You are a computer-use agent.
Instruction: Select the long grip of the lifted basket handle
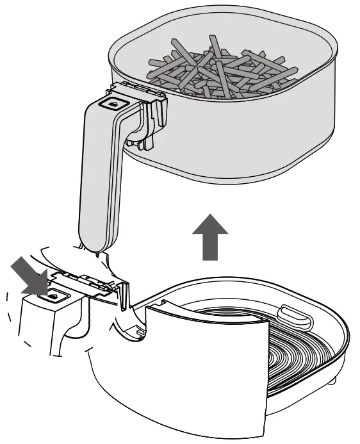(x=99, y=179)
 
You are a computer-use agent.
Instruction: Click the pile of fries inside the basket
(x=218, y=70)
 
